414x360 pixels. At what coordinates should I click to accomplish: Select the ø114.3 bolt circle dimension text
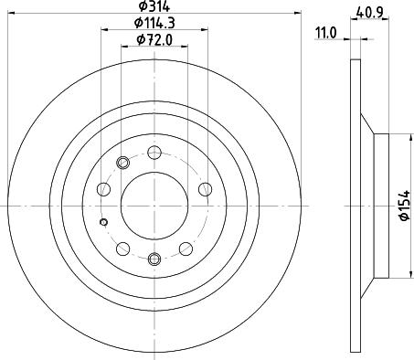pyautogui.click(x=152, y=23)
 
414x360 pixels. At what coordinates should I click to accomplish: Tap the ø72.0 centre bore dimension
pyautogui.click(x=152, y=39)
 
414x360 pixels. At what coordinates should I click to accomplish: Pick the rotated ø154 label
pyautogui.click(x=403, y=206)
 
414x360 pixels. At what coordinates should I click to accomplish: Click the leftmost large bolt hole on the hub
pyautogui.click(x=103, y=189)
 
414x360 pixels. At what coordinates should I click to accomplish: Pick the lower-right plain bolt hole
pyautogui.click(x=185, y=248)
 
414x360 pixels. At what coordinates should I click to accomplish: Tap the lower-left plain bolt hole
pyautogui.click(x=122, y=248)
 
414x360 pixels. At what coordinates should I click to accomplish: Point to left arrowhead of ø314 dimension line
pyautogui.click(x=11, y=13)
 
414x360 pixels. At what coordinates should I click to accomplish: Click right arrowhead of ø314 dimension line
pyautogui.click(x=295, y=13)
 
